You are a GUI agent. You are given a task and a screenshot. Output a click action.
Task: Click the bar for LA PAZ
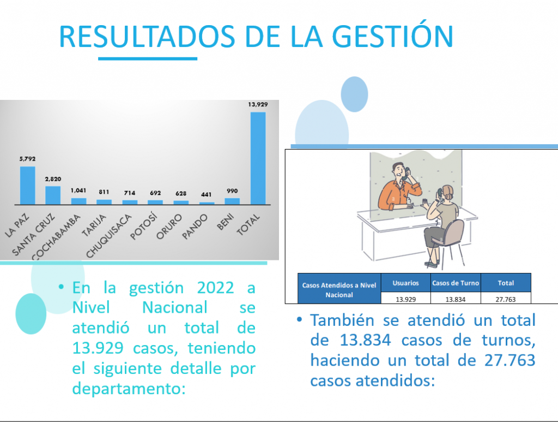point(27,185)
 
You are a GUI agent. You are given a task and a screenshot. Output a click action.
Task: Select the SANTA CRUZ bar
point(53,195)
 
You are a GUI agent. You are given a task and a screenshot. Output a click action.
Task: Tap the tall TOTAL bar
point(258,158)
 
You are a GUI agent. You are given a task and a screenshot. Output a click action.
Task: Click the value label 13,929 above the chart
point(258,104)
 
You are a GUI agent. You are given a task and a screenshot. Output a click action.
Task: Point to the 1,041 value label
point(78,191)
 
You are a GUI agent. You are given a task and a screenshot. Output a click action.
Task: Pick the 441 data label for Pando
point(207,194)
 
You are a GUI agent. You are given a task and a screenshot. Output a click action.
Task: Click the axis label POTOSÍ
point(143,227)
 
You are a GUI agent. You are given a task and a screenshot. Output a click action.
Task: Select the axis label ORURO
point(169,227)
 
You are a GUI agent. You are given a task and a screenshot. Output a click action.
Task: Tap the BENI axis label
point(225,222)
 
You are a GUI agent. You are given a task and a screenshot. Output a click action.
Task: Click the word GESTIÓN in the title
point(392,36)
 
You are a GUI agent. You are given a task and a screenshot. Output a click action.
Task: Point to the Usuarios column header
point(405,283)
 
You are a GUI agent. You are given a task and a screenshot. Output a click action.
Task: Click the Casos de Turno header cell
point(456,283)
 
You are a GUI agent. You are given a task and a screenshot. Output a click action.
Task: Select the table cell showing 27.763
point(506,299)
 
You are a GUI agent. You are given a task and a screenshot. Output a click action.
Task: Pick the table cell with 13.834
point(456,299)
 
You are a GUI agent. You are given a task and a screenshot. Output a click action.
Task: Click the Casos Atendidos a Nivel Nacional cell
point(339,289)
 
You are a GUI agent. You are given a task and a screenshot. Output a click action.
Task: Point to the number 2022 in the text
point(215,288)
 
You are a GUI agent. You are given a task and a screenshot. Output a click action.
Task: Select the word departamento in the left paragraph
point(129,389)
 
